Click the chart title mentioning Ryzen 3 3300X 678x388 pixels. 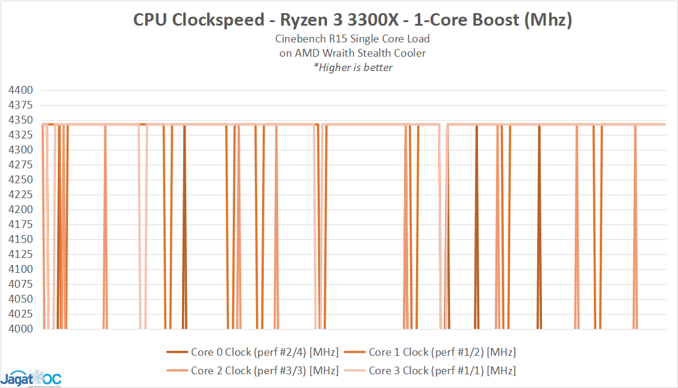pyautogui.click(x=353, y=20)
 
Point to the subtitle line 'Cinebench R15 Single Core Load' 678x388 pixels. pyautogui.click(x=353, y=39)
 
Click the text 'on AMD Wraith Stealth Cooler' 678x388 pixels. pyautogui.click(x=353, y=53)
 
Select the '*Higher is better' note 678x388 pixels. pyautogui.click(x=353, y=67)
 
